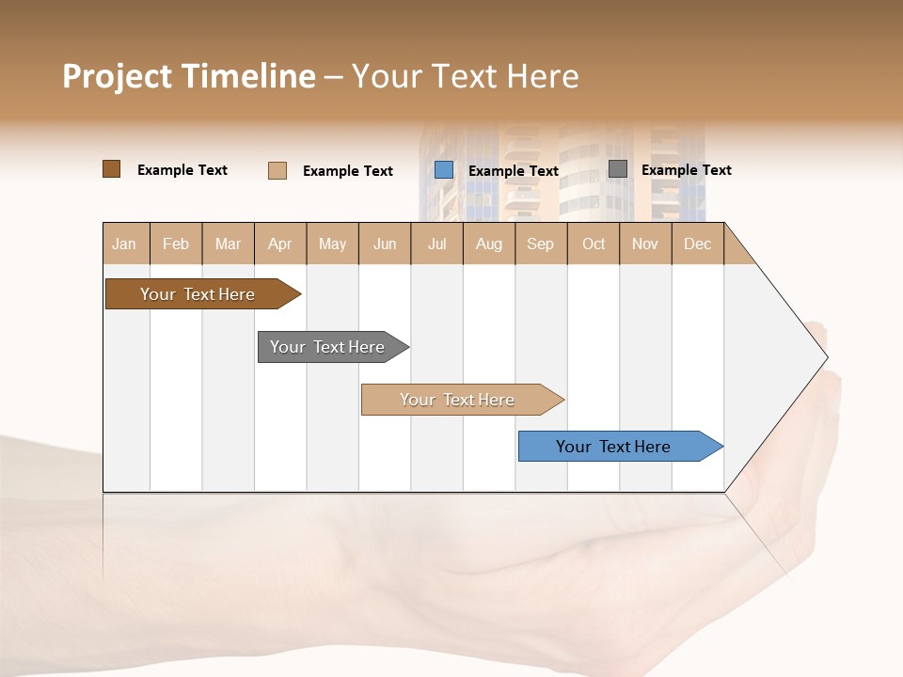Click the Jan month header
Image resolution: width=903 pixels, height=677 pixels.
[125, 244]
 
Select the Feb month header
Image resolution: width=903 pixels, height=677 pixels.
[176, 244]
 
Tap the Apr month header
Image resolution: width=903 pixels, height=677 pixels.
[280, 244]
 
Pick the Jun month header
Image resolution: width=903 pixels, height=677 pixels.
[385, 244]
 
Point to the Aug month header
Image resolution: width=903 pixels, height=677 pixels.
[489, 244]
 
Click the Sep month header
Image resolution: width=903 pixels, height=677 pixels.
[541, 244]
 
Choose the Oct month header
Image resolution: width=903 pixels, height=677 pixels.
[594, 244]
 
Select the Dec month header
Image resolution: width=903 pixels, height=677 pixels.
[698, 244]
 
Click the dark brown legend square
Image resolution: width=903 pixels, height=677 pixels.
[111, 169]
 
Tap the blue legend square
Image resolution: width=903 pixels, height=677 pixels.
[444, 170]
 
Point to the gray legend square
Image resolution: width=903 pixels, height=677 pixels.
[618, 169]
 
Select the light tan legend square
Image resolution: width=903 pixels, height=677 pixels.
[277, 170]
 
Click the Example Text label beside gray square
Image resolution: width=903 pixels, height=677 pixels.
[687, 170]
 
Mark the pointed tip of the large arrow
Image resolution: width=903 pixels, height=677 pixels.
[825, 356]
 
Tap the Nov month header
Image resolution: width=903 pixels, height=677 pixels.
[645, 244]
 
